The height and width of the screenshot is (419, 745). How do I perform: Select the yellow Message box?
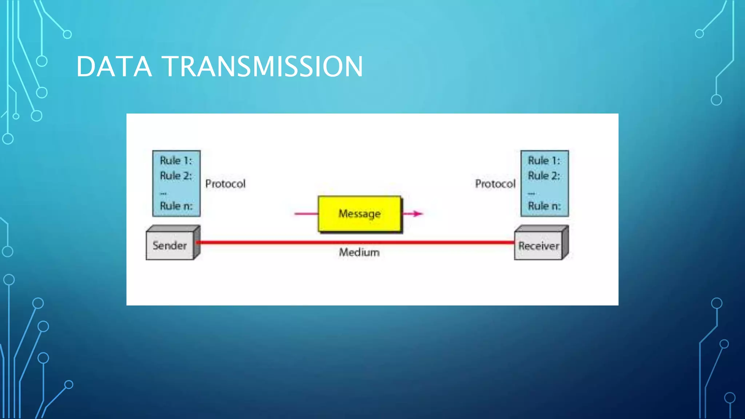click(x=359, y=214)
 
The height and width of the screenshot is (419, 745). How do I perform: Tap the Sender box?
click(x=170, y=246)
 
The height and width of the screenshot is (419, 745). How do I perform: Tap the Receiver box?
click(x=538, y=246)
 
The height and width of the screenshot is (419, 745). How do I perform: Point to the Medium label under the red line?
click(x=359, y=252)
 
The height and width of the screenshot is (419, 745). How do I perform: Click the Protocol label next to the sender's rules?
click(x=225, y=184)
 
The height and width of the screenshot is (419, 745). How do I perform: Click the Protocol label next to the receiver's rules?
click(x=495, y=184)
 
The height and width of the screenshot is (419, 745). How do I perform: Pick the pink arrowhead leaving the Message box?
click(x=418, y=214)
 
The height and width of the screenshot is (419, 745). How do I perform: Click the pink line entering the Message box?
click(x=306, y=214)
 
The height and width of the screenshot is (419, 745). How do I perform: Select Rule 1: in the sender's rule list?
click(x=176, y=160)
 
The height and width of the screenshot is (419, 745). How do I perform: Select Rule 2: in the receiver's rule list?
click(x=544, y=176)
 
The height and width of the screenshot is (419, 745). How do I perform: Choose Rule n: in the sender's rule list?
click(x=176, y=206)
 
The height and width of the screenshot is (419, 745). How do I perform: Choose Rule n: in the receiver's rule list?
click(x=544, y=206)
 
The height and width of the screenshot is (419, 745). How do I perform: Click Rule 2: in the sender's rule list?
click(x=176, y=176)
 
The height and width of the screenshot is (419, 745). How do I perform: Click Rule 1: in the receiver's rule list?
click(x=544, y=160)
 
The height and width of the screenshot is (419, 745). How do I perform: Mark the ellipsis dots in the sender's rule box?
click(x=163, y=193)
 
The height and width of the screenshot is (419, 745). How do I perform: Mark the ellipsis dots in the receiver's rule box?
click(x=531, y=193)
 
